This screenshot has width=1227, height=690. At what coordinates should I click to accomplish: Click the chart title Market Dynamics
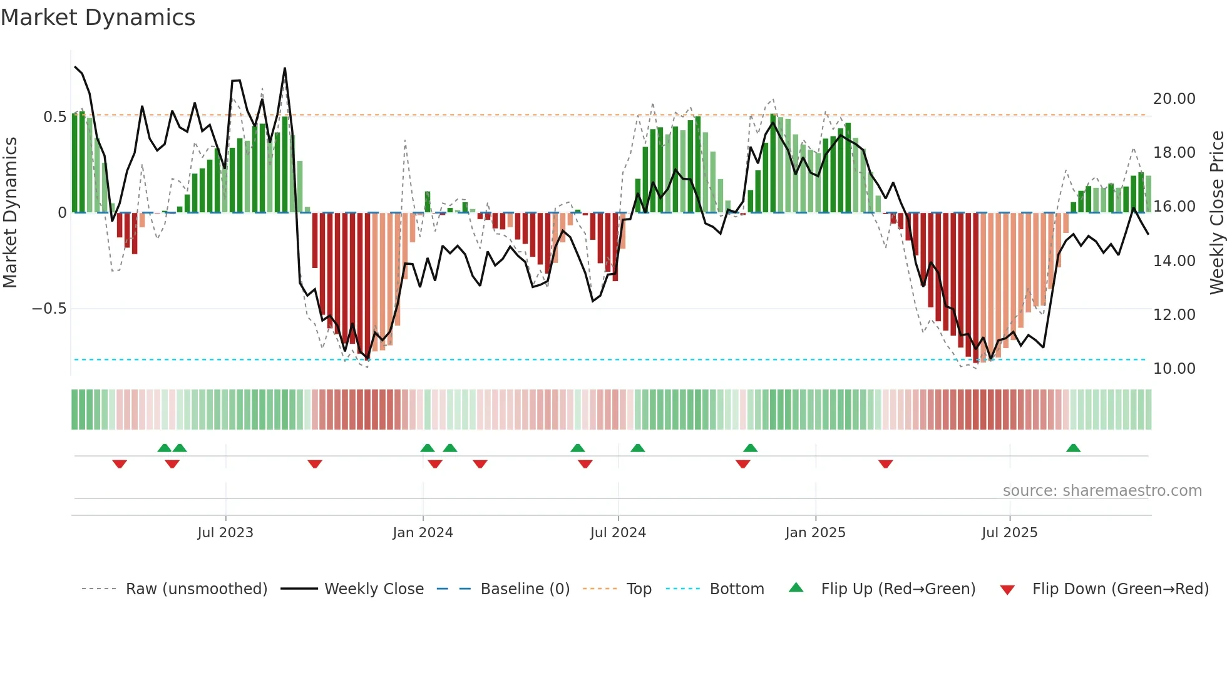coord(98,18)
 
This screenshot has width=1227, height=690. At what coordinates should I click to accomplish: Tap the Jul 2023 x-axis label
coord(225,533)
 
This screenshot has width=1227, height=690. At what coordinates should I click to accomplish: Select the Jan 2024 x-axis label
coord(423,533)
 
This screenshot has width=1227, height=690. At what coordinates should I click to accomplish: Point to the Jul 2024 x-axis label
coord(618,533)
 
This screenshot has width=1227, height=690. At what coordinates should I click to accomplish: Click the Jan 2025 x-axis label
coord(815,533)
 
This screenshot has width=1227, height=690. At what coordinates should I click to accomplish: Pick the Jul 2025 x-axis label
coord(1009,533)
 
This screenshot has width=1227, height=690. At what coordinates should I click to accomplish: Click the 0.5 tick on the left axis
coord(54,117)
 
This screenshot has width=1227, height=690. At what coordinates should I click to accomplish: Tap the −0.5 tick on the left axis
coord(49,309)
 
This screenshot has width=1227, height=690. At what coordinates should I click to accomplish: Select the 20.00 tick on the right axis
coord(1174,99)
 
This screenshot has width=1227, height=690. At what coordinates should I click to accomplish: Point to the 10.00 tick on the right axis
coord(1174,369)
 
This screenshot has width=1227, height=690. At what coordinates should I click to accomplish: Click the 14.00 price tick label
coord(1174,261)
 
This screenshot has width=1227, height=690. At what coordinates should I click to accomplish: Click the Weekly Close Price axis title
coord(1216,212)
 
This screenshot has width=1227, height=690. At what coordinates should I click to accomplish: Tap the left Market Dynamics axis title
coord(10,212)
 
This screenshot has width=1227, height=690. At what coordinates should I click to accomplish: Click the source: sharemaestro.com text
coord(1102,491)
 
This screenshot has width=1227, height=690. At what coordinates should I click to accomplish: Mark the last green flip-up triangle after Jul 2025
coord(1073,448)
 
